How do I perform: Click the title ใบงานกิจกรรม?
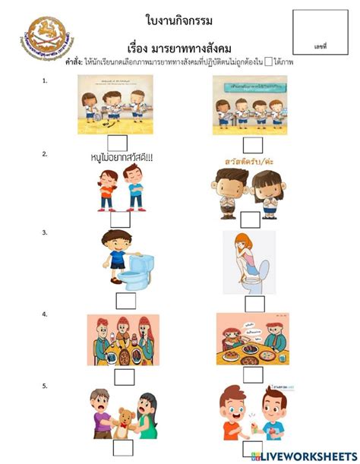[179, 18]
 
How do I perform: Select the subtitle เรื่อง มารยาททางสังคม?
[179, 45]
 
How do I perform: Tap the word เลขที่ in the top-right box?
[319, 47]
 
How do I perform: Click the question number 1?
[46, 80]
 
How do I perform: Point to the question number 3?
[46, 232]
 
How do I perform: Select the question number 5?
[46, 386]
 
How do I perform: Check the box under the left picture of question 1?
[117, 142]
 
